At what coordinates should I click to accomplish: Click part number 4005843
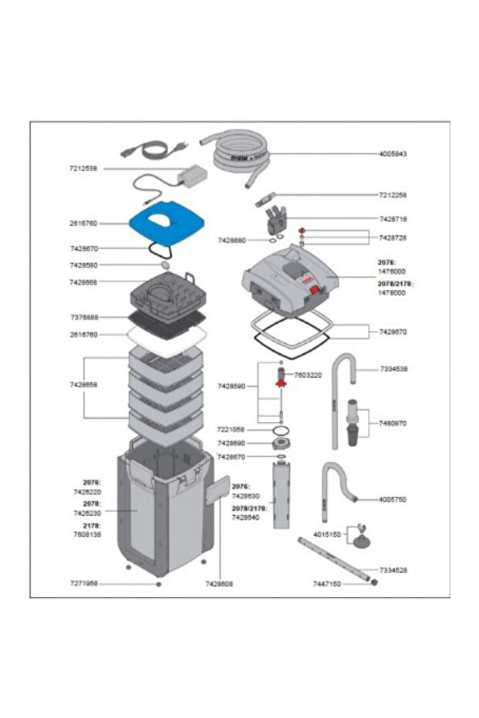pyautogui.click(x=393, y=154)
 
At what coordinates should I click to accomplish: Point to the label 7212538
pyautogui.click(x=83, y=168)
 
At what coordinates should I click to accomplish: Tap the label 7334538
pyautogui.click(x=393, y=369)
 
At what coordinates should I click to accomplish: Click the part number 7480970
pyautogui.click(x=393, y=423)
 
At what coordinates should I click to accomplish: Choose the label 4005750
pyautogui.click(x=393, y=500)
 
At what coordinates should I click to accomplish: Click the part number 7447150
pyautogui.click(x=326, y=585)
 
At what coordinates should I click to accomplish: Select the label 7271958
pyautogui.click(x=83, y=585)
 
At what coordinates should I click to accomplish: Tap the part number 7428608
pyautogui.click(x=219, y=585)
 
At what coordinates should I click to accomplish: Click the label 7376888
pyautogui.click(x=83, y=317)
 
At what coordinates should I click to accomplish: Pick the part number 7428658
pyautogui.click(x=83, y=383)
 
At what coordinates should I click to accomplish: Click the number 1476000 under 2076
pyautogui.click(x=392, y=271)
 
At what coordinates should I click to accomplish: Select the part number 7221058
pyautogui.click(x=231, y=430)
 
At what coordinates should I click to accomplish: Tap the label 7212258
pyautogui.click(x=393, y=195)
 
